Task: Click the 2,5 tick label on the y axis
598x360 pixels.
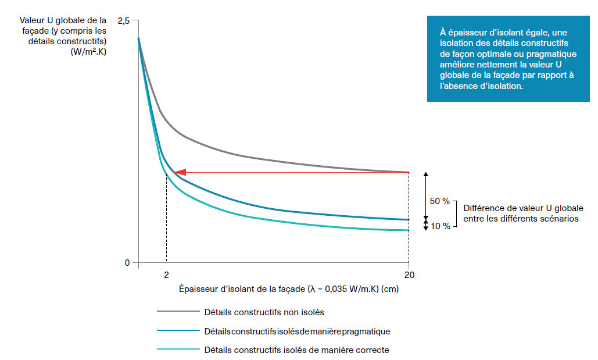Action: coord(124,21)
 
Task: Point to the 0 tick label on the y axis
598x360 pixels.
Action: coord(127,262)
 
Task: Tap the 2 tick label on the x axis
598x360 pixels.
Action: coord(166,275)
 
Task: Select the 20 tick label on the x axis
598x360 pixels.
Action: coord(409,275)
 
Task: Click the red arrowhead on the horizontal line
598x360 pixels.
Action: coord(180,172)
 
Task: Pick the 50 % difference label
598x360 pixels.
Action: coord(439,201)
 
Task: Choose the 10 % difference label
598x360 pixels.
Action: coord(439,226)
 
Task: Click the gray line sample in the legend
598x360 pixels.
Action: coord(177,312)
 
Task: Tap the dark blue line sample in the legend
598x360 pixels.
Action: coord(177,332)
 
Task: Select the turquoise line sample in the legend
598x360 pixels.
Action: coord(177,350)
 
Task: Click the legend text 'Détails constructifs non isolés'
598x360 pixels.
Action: coord(264,312)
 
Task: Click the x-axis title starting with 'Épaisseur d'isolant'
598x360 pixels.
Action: coord(289,288)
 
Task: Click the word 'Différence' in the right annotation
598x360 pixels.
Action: coord(482,208)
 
